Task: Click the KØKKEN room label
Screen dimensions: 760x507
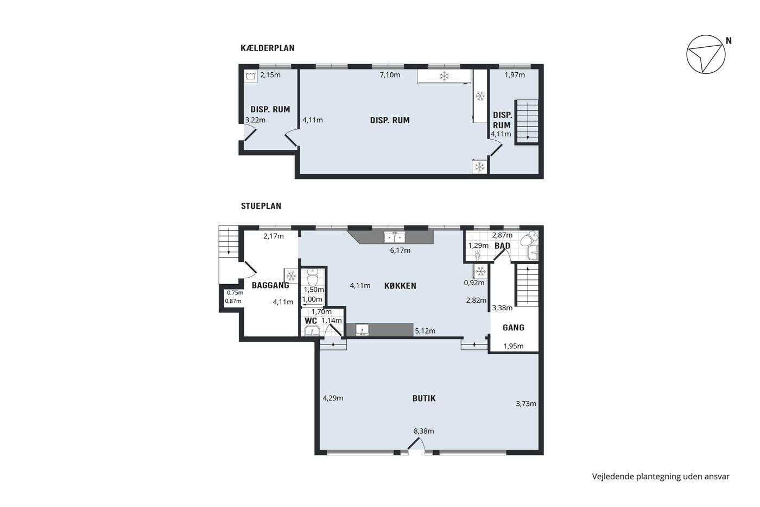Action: coord(400,286)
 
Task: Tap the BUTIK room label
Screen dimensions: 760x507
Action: coord(424,398)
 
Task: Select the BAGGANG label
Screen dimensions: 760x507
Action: coord(270,285)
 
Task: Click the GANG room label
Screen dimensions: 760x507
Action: coord(514,328)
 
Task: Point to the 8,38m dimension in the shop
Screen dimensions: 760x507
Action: coord(424,431)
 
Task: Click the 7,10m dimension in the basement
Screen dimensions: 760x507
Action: coord(390,75)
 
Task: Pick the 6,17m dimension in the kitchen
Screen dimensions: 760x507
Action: coord(400,251)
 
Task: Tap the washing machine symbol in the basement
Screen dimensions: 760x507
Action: coord(250,76)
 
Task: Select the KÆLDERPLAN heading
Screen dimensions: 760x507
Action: coord(267,48)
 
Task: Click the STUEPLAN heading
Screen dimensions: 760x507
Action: coord(261,206)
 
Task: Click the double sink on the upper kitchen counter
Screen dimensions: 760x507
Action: coord(394,237)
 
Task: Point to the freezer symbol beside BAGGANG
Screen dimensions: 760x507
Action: coord(291,276)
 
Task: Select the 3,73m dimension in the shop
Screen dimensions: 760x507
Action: coord(526,404)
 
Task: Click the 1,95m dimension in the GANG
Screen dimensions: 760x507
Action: coord(513,346)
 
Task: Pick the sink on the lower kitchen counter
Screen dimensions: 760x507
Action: coord(363,330)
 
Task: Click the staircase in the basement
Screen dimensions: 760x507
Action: coord(527,122)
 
